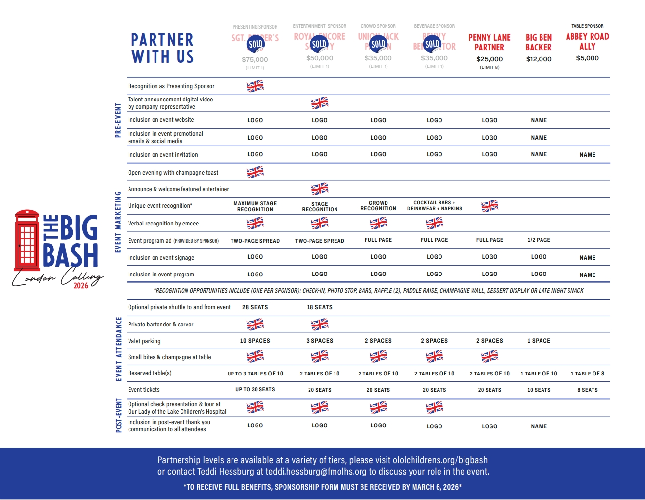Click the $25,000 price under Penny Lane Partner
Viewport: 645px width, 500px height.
coord(490,59)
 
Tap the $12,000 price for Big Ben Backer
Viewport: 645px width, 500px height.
coord(539,59)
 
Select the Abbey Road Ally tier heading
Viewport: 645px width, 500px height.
coord(587,41)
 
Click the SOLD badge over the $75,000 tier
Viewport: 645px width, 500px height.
coord(256,44)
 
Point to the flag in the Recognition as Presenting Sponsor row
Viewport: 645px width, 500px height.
coord(255,86)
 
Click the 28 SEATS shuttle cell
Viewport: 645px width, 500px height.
coord(255,307)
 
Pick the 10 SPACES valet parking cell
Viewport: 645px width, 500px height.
coord(255,341)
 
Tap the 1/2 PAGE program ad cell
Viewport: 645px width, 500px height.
coord(539,240)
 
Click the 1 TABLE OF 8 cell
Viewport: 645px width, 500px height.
coord(587,374)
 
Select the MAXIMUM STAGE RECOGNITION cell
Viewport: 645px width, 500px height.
coord(255,206)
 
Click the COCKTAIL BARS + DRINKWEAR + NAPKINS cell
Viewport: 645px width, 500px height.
coord(434,206)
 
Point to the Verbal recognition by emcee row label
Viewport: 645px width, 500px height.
coord(163,224)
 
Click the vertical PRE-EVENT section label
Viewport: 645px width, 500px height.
coord(118,120)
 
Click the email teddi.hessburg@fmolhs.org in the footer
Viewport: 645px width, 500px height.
coord(316,472)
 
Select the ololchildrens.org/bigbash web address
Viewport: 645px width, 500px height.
coord(440,460)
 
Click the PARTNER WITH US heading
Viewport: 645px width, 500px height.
coord(162,48)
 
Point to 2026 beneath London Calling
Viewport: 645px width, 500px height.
coord(81,286)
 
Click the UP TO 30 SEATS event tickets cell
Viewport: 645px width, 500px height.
coord(255,390)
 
